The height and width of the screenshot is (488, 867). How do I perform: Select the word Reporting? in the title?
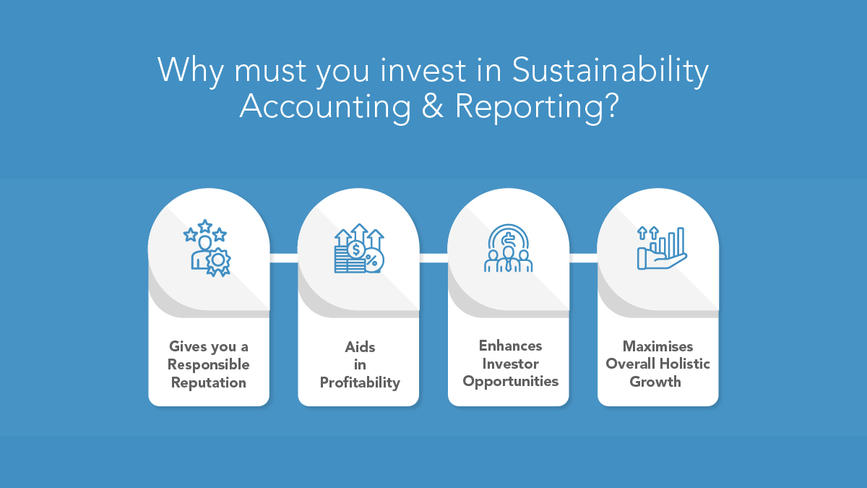coord(537,107)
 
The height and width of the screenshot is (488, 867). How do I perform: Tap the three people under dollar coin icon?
coord(508,248)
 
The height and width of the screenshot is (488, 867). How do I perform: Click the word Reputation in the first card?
coord(208,382)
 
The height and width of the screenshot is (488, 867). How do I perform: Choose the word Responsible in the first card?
coord(208,364)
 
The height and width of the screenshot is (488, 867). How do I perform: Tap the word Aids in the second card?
coord(359,347)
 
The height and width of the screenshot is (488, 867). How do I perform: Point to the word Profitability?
coord(359,382)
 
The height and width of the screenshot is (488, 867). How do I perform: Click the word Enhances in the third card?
coord(510,346)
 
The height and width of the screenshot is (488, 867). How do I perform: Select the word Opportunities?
coord(510,381)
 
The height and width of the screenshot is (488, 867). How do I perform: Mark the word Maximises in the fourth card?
coord(658,346)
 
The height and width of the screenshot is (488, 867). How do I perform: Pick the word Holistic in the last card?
coord(683,364)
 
